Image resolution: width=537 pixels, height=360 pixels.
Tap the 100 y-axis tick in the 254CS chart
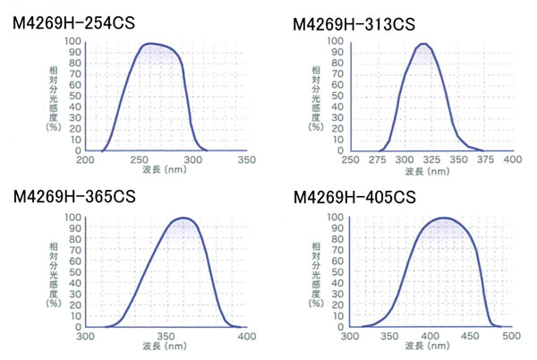coord(71,41)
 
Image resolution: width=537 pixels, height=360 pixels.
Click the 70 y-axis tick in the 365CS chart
coord(72,251)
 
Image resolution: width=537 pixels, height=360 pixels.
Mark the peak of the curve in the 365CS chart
coord(183,218)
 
